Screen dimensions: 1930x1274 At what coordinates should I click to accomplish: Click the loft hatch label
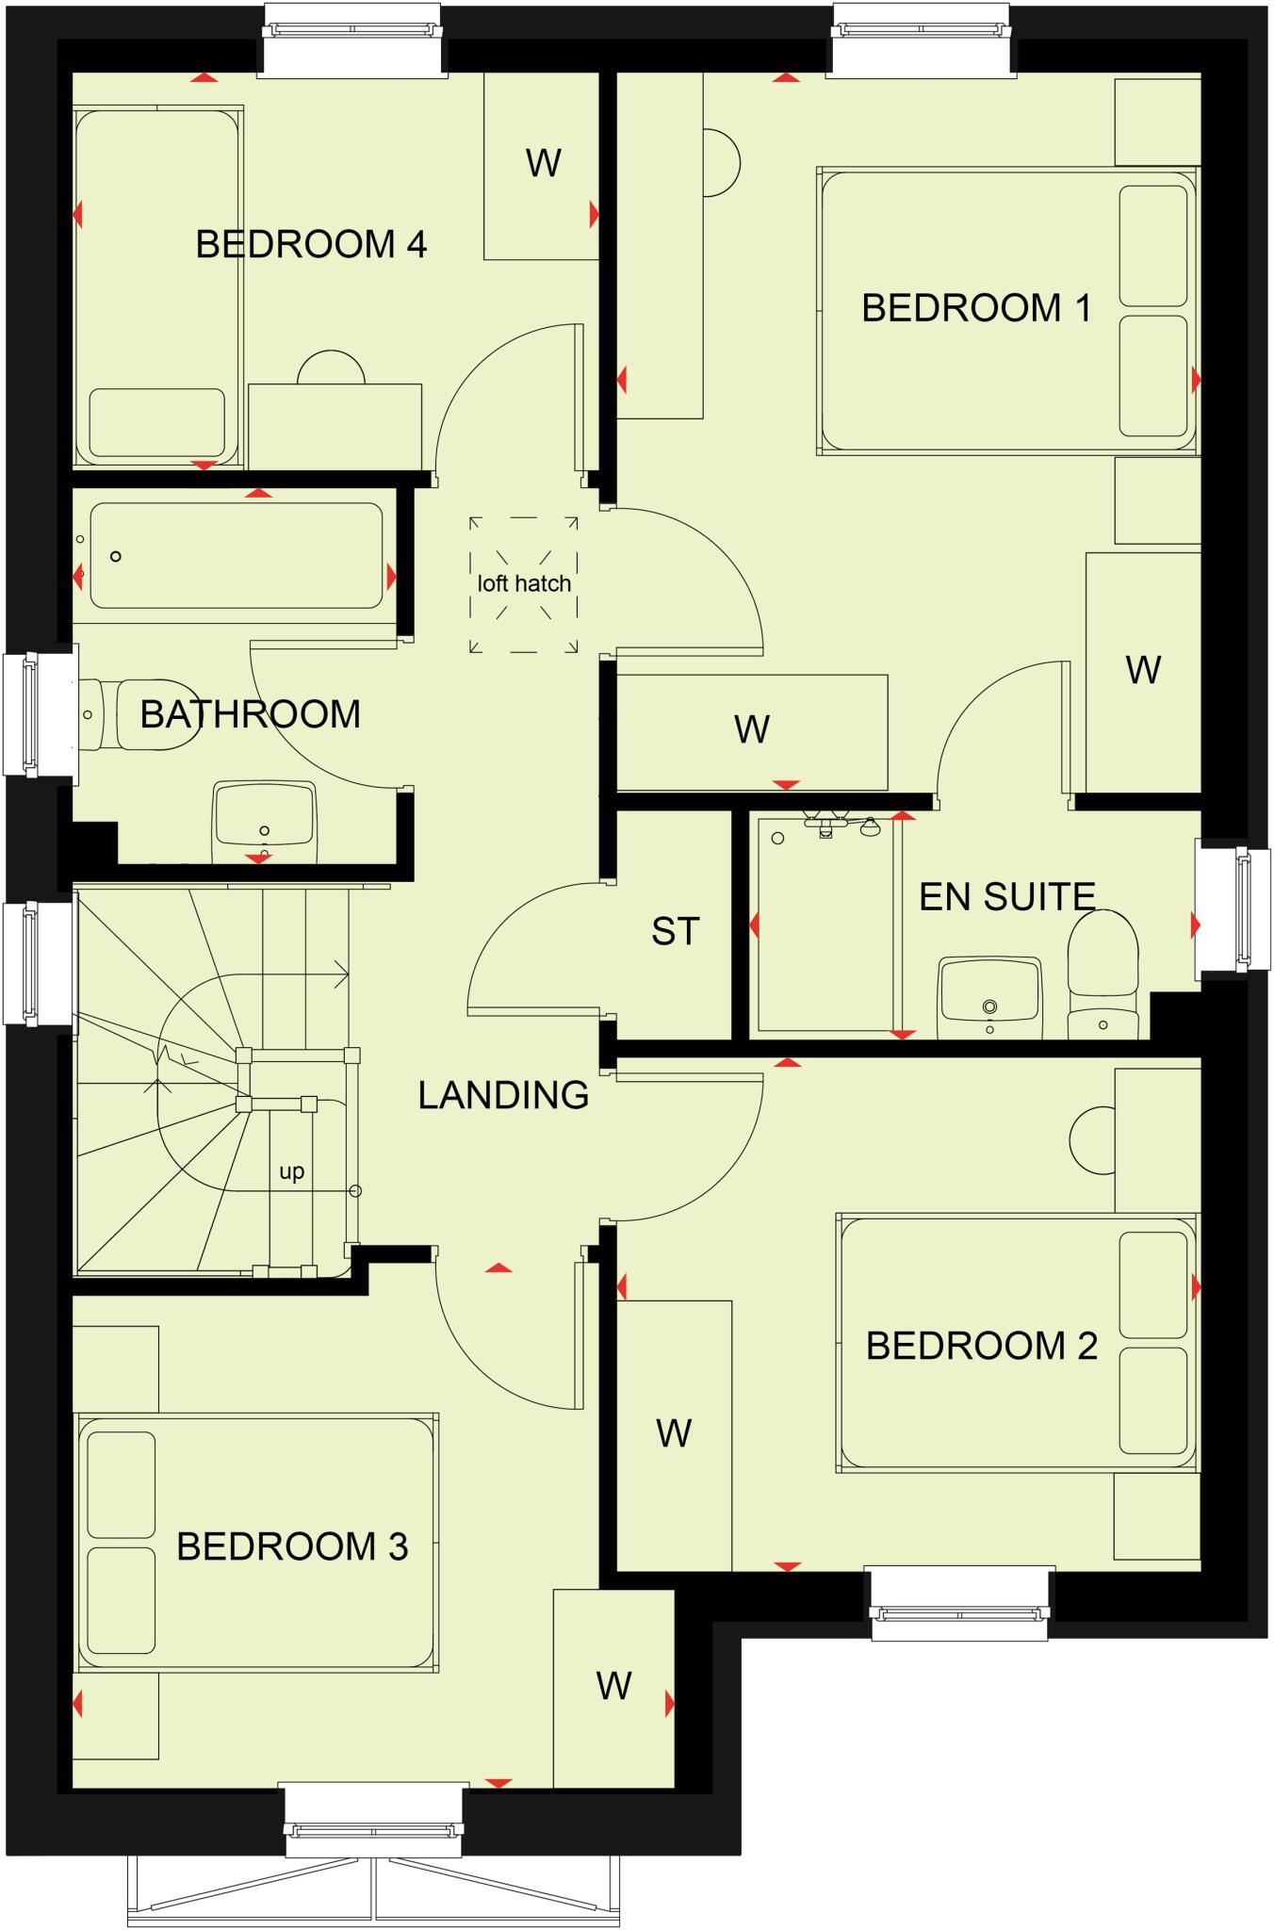(524, 583)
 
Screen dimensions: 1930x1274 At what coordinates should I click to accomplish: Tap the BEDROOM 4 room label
(311, 244)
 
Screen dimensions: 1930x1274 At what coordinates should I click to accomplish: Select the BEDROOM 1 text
(976, 308)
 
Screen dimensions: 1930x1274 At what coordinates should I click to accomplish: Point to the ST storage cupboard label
(675, 931)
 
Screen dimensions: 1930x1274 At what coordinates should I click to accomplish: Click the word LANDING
(503, 1095)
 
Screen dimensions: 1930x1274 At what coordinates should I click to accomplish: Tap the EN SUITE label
(1006, 896)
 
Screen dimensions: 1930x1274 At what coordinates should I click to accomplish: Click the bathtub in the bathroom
(236, 556)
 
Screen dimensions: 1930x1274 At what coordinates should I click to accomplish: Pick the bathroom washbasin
(264, 816)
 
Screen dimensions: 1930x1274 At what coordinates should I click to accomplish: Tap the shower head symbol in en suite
(870, 826)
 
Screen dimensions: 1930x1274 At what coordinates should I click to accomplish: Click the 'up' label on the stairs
(292, 1171)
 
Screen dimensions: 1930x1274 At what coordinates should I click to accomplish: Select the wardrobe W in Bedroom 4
(543, 164)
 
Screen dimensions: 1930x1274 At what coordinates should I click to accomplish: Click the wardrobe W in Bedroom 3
(613, 1686)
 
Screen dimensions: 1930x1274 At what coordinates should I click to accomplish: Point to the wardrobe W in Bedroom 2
(674, 1433)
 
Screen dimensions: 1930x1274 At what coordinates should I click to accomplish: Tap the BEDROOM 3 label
(292, 1546)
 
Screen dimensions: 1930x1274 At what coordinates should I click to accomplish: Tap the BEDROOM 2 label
(982, 1346)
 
